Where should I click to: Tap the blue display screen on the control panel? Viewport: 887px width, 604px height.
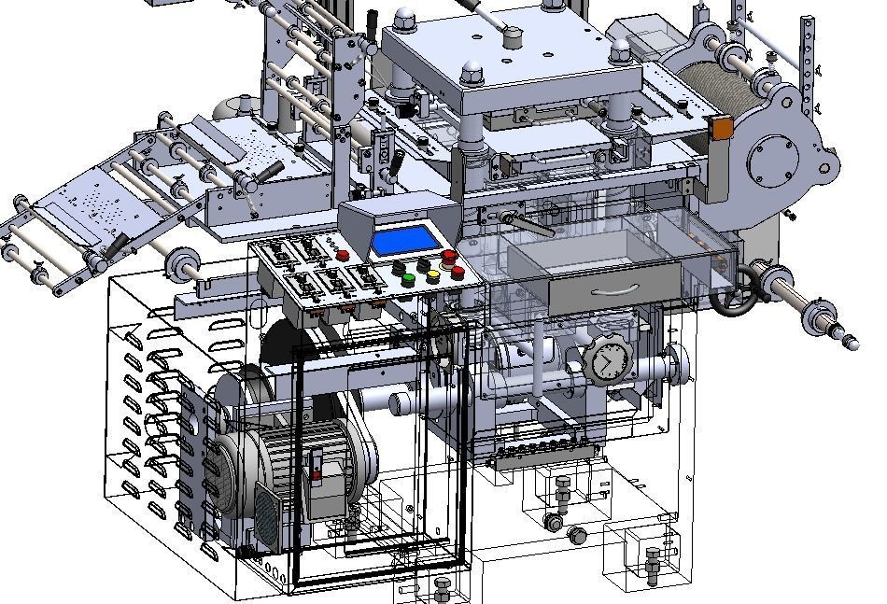point(406,241)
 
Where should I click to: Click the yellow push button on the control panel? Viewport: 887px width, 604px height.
point(432,275)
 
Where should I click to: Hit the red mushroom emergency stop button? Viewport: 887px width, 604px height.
point(449,256)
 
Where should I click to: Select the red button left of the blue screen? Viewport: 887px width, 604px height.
point(343,255)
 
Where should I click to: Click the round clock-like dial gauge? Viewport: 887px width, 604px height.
point(607,359)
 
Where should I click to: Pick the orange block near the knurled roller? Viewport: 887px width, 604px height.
point(720,128)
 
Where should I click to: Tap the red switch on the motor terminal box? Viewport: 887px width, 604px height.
point(316,473)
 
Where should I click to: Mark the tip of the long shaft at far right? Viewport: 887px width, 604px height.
point(852,344)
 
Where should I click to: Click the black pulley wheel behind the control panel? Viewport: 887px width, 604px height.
point(279,345)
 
